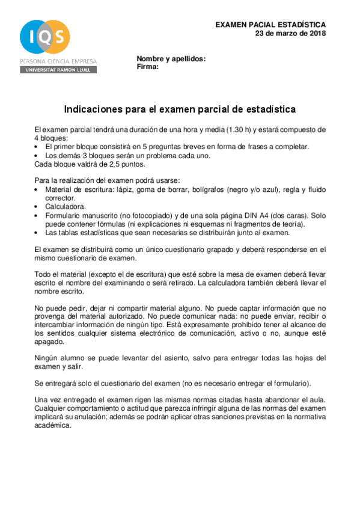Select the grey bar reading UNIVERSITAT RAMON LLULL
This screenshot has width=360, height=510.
pyautogui.click(x=58, y=70)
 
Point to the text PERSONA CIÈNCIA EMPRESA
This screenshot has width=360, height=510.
pyautogui.click(x=58, y=61)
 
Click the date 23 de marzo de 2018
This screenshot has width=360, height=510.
pyautogui.click(x=290, y=34)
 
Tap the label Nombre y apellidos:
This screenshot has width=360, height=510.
pyautogui.click(x=171, y=59)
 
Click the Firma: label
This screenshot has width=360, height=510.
pyautogui.click(x=148, y=67)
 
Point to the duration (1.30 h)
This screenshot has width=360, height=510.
pyautogui.click(x=240, y=129)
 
